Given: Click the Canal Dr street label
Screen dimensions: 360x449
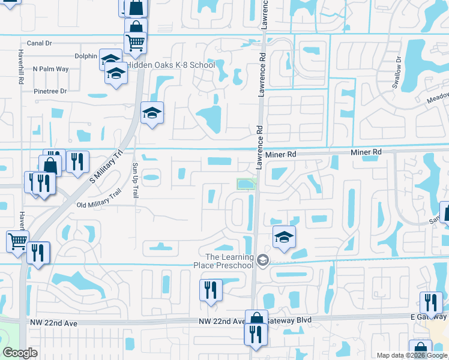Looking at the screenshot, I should click(40, 43).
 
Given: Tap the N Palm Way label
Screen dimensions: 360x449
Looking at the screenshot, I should click(51, 69).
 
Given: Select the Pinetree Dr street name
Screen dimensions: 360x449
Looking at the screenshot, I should click(50, 91).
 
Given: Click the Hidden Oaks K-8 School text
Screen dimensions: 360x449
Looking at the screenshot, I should click(170, 65).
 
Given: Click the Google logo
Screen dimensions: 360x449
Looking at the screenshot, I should click(19, 353).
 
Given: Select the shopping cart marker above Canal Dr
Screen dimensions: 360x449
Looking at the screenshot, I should click(136, 43).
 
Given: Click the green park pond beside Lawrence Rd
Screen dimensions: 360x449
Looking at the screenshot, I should click(246, 184).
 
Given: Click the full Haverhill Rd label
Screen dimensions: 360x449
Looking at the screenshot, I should click(21, 66).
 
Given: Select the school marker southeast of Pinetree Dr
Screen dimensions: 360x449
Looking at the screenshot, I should click(152, 113).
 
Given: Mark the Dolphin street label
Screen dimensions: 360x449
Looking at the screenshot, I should click(86, 56).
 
